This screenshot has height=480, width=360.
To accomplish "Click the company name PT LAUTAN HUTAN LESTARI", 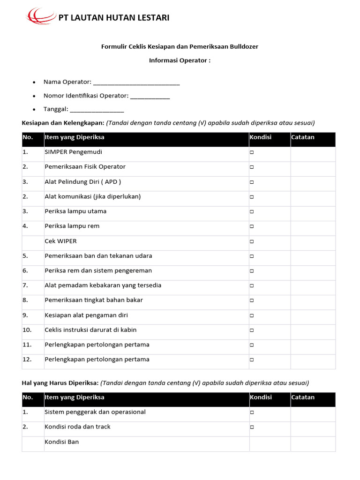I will pyautogui.click(x=113, y=18).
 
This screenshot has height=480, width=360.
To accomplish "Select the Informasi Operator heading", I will pyautogui.click(x=180, y=60).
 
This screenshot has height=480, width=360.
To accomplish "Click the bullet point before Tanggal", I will pyautogui.click(x=34, y=110).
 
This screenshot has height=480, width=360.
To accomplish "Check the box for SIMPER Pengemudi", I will pyautogui.click(x=252, y=153).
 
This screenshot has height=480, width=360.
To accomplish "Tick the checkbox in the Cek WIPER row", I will pyautogui.click(x=252, y=242).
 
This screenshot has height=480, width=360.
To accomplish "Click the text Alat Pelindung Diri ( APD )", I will pyautogui.click(x=82, y=181).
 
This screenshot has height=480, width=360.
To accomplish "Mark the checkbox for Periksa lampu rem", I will pyautogui.click(x=252, y=227).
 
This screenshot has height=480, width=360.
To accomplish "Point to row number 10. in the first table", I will pyautogui.click(x=27, y=330).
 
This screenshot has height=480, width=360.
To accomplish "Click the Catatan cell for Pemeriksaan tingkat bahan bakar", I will pyautogui.click(x=313, y=300).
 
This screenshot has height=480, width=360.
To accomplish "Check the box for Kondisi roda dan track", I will pyautogui.click(x=252, y=427).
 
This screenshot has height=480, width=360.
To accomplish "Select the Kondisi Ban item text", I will pyautogui.click(x=62, y=442).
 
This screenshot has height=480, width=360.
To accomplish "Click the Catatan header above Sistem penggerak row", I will pyautogui.click(x=303, y=397).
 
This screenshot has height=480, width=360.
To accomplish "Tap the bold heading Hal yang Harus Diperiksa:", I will pyautogui.click(x=60, y=382).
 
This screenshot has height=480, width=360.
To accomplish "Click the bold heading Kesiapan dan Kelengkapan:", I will pyautogui.click(x=63, y=123).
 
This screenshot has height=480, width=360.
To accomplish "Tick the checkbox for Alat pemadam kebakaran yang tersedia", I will pyautogui.click(x=252, y=285).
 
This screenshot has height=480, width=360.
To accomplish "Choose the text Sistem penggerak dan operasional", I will pyautogui.click(x=95, y=412).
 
